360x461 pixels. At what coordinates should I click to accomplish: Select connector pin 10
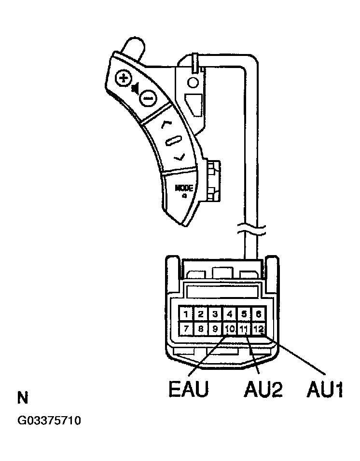[230, 329]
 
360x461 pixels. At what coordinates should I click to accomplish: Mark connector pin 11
[244, 329]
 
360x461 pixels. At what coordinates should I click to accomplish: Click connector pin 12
[259, 329]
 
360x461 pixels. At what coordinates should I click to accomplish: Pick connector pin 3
[215, 314]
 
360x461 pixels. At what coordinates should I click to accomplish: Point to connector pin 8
[200, 329]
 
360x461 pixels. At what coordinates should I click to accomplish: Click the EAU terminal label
[188, 389]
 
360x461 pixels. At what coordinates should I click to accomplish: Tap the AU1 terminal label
[324, 389]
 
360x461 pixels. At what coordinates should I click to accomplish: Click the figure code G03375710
[49, 421]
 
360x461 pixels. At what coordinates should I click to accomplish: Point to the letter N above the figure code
[22, 398]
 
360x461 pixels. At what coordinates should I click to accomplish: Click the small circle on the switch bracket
[193, 82]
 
